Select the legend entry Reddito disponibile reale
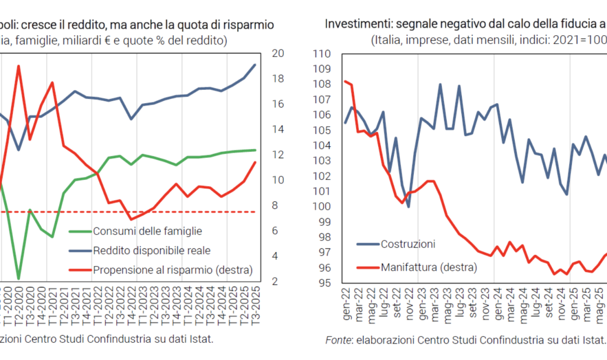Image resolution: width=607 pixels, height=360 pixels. tap(151, 251)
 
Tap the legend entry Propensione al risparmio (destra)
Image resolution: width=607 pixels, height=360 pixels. tap(173, 270)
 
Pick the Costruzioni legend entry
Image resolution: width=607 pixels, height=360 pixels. tap(408, 244)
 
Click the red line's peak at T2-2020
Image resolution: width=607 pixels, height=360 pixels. tap(18, 66)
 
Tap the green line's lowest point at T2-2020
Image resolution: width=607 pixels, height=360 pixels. tap(18, 279)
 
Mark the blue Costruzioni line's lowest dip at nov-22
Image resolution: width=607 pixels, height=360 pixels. tap(408, 207)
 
